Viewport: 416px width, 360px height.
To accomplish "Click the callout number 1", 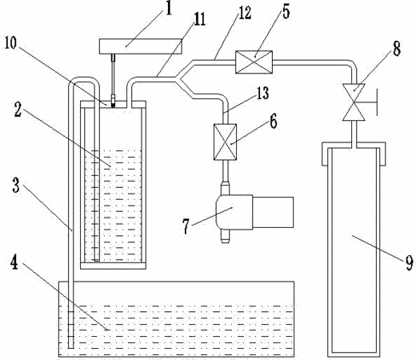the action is (x=168, y=9).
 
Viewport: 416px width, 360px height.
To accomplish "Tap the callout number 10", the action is (x=11, y=43).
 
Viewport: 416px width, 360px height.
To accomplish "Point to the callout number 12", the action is (x=245, y=13).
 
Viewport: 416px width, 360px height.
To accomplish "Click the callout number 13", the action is (x=262, y=93).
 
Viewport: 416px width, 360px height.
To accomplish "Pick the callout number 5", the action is (x=286, y=11).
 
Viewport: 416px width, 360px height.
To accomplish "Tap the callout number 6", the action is (x=273, y=122).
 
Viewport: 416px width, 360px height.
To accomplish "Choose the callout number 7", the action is (x=186, y=226).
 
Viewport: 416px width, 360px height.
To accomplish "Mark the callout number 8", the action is (x=396, y=50).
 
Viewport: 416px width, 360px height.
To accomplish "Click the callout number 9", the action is (x=410, y=263).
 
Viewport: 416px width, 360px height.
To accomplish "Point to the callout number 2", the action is (x=18, y=110).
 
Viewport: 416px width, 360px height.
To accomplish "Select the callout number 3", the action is (x=16, y=186).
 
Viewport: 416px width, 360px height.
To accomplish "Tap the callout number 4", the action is (x=14, y=262).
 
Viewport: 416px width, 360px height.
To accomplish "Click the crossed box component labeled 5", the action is (x=254, y=62).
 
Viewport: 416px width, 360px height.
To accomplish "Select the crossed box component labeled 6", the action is (x=225, y=142).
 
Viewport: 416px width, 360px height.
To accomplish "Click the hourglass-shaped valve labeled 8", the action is (x=354, y=102).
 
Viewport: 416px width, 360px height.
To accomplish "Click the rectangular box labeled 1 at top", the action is (x=141, y=46).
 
